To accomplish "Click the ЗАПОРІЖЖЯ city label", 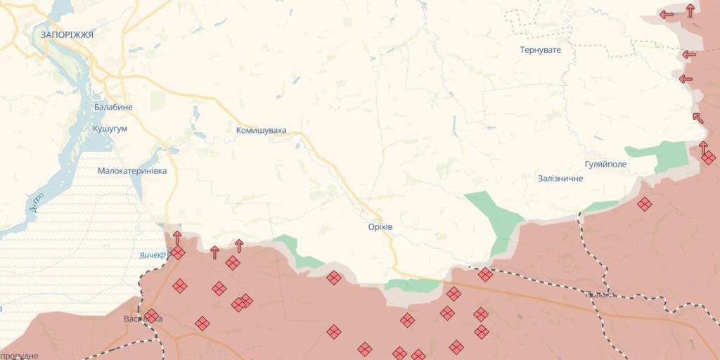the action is [x=67, y=34].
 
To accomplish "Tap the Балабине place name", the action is [x=112, y=107].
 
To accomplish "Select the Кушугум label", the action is [x=110, y=129].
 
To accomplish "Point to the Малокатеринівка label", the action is [x=132, y=171].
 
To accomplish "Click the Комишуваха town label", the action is [x=261, y=130].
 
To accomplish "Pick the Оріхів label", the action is [x=380, y=228].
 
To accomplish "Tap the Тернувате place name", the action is [x=540, y=50].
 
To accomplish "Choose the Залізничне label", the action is [x=560, y=179].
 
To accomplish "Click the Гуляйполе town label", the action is [x=605, y=164].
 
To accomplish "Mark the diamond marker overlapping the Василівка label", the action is [x=151, y=315].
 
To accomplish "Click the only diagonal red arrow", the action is [x=697, y=117].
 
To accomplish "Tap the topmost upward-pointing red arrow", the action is [x=690, y=10].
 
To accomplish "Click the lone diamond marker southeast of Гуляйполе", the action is [x=645, y=204].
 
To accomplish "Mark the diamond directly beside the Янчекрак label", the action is [x=177, y=252].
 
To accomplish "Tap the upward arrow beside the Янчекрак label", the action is [x=177, y=237].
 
